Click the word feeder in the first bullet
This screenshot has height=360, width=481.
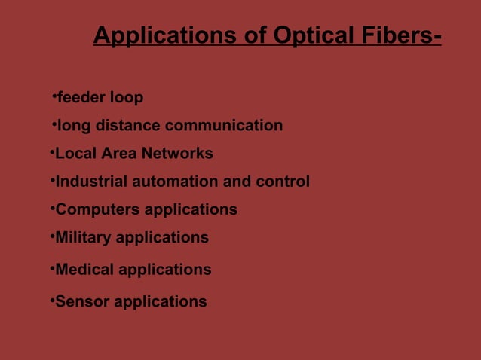tap(81, 98)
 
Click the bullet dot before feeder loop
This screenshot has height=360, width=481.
tap(55, 96)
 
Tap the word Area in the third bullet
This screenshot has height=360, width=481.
tap(115, 154)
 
